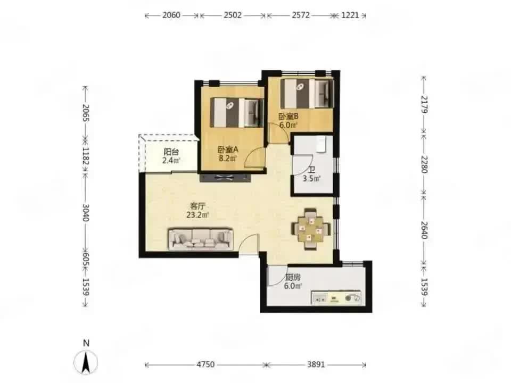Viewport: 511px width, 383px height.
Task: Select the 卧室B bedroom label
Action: [x=289, y=116]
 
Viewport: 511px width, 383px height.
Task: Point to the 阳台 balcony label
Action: [x=171, y=152]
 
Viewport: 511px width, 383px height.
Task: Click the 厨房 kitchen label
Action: [x=293, y=278]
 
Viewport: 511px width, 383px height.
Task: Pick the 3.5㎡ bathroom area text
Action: [x=312, y=179]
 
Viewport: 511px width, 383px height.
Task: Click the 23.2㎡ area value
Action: [x=198, y=215]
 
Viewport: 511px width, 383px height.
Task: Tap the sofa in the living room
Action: [x=201, y=239]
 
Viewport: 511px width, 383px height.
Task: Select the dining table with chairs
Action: [x=311, y=229]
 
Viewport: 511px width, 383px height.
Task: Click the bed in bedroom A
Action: [x=237, y=113]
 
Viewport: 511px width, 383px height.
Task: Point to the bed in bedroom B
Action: [x=307, y=94]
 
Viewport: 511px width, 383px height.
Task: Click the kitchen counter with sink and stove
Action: [x=336, y=298]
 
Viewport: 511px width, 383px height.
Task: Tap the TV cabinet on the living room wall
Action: [x=225, y=178]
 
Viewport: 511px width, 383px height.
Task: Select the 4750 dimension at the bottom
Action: [x=205, y=364]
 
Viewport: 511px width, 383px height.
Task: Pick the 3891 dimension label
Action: [x=316, y=364]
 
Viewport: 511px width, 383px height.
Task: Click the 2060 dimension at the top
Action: [x=171, y=15]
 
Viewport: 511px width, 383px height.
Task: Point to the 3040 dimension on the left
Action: [x=85, y=213]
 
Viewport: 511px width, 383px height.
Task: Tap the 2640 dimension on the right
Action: [x=424, y=230]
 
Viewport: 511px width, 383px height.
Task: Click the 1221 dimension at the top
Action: [x=350, y=15]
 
